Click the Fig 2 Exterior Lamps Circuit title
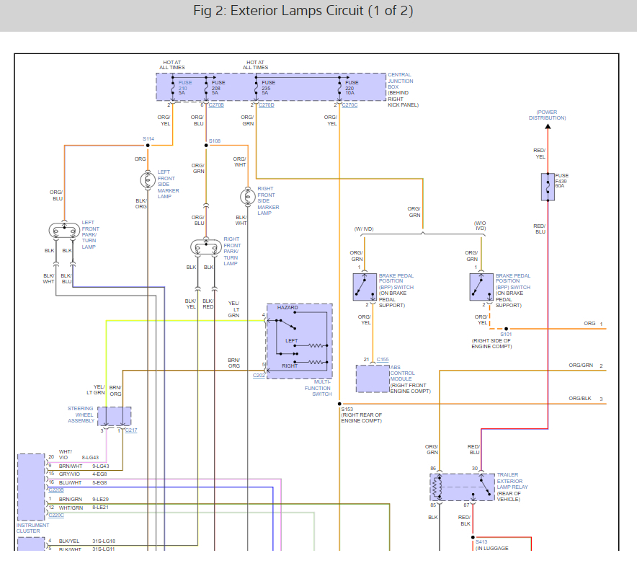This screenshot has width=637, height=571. [303, 12]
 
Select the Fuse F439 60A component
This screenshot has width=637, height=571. [548, 186]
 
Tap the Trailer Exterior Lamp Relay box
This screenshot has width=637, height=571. [462, 487]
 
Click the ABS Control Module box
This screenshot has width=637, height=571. [373, 378]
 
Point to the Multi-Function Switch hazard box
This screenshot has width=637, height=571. [299, 340]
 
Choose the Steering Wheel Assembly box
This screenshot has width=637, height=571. [114, 416]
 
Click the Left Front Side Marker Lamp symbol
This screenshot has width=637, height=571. [147, 180]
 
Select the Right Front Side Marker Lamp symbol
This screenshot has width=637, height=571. [247, 196]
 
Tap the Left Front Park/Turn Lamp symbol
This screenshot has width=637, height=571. [64, 231]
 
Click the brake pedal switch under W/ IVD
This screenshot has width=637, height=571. [365, 286]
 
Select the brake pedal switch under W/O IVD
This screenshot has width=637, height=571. [481, 286]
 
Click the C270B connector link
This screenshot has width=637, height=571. [216, 105]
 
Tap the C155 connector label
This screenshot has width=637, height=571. [382, 359]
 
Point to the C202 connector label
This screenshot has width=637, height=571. [259, 376]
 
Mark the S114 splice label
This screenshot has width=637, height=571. [148, 138]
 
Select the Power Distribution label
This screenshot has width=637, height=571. [547, 115]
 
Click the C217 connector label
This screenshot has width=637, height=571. [130, 430]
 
